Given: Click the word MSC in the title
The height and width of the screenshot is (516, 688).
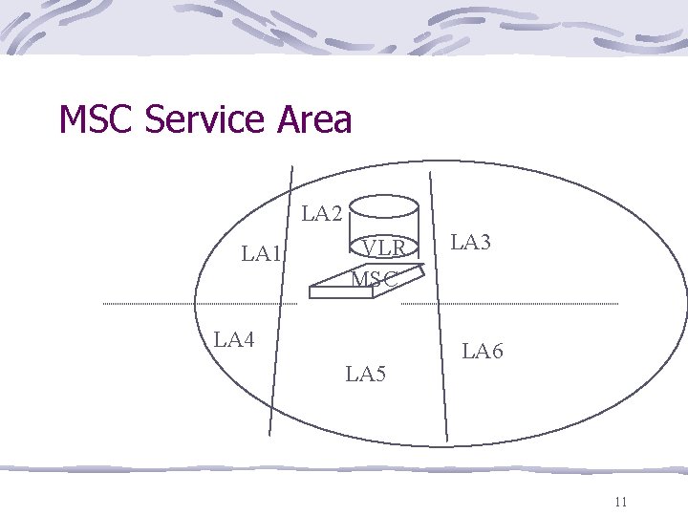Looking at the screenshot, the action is click(97, 120).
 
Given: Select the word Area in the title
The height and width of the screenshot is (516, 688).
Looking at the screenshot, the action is click(314, 120).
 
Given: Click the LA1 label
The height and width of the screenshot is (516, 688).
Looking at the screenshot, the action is click(262, 253).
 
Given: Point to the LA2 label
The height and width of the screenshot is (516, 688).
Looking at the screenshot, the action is click(322, 213).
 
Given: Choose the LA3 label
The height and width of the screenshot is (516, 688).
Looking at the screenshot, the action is click(470, 243).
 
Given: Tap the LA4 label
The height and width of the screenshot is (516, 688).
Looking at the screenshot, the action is click(234, 338).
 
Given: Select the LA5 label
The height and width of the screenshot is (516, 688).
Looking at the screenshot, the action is click(366, 373).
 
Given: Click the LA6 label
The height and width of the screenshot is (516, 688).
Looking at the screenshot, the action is click(483, 352).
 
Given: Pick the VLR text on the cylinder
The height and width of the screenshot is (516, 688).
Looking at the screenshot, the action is click(385, 248).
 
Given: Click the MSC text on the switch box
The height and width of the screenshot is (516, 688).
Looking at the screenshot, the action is click(374, 279).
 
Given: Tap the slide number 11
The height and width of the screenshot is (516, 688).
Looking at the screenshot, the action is click(621, 502).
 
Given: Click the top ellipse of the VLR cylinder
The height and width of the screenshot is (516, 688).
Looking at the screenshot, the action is click(382, 204).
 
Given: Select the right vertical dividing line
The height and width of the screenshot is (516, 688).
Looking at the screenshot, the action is click(439, 306).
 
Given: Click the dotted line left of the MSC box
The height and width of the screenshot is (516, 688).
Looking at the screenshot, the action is click(201, 304).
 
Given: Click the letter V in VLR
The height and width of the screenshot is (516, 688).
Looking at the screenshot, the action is click(369, 248).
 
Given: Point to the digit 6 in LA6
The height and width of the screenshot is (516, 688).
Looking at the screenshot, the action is click(496, 352).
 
